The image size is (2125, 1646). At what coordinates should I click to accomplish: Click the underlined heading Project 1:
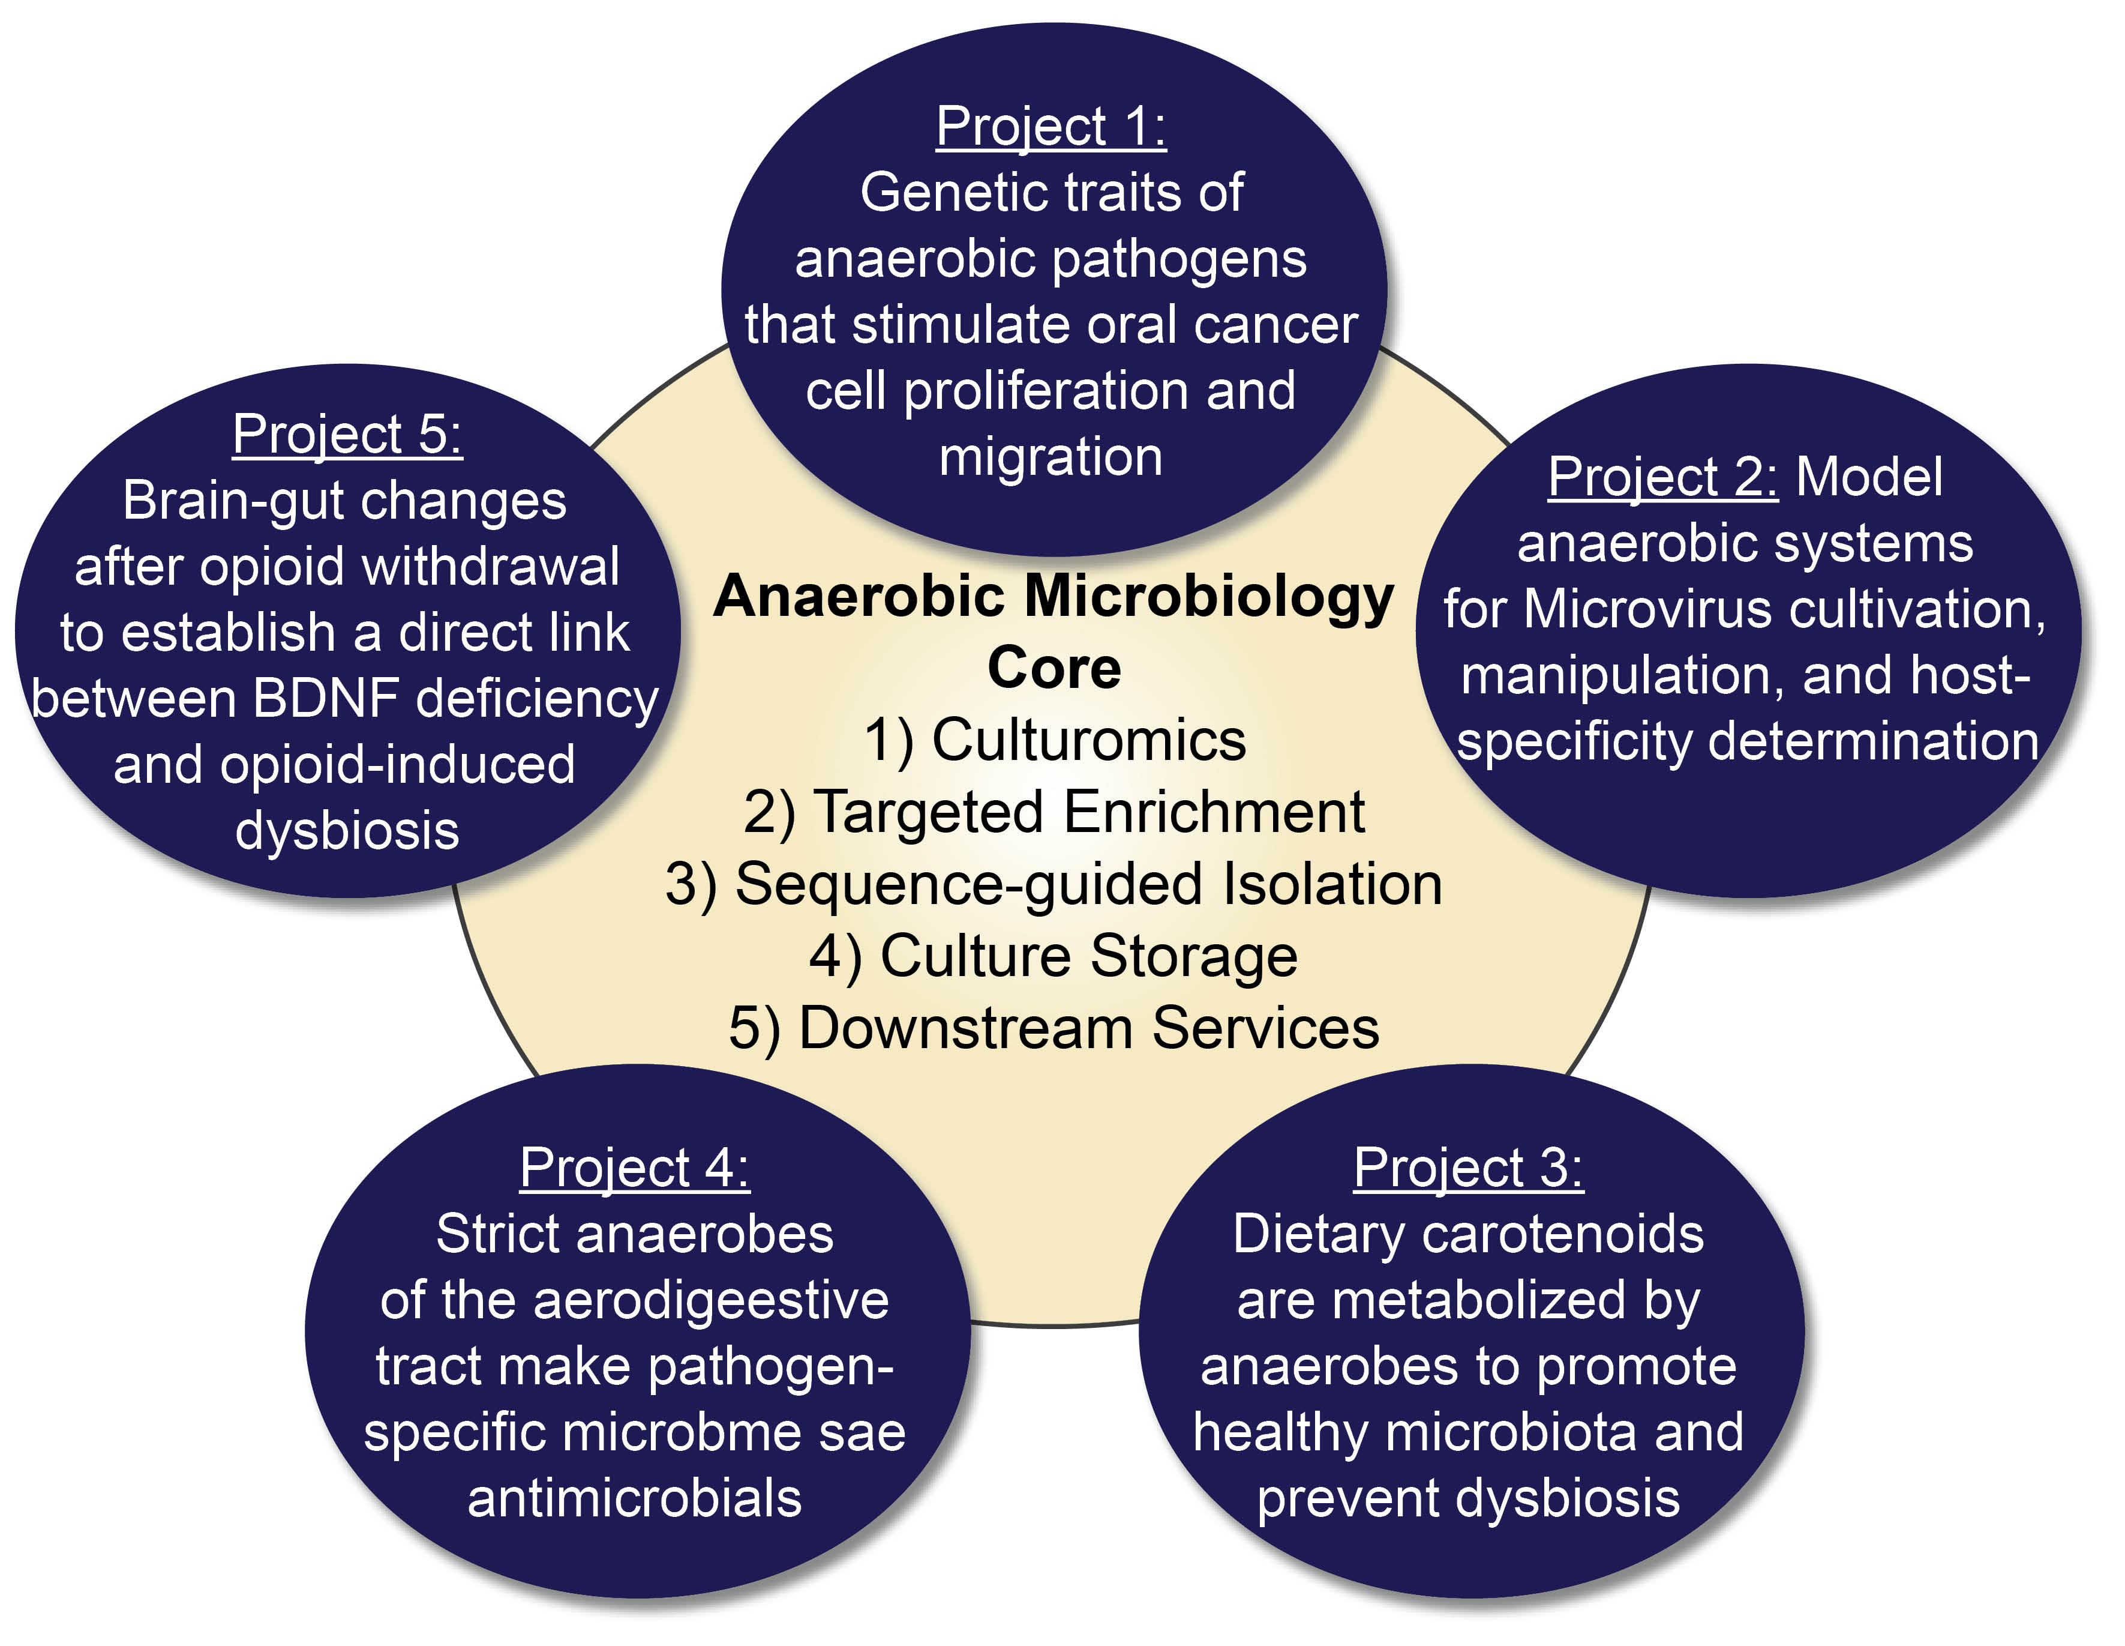point(1051,127)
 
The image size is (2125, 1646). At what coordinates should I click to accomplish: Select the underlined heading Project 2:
point(1662,477)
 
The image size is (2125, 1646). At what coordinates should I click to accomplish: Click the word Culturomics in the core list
point(1088,740)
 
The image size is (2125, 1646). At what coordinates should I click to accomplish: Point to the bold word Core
point(1054,668)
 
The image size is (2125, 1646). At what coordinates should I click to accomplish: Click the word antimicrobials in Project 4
point(634,1498)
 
